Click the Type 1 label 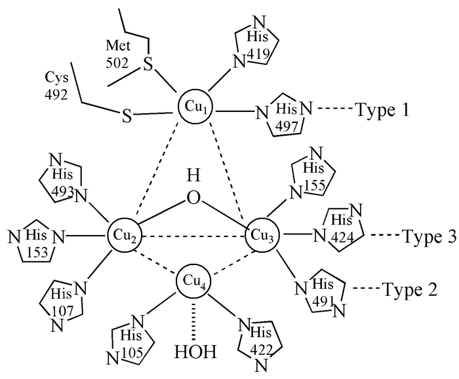(384, 109)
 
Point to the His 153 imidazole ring (37, 236)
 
